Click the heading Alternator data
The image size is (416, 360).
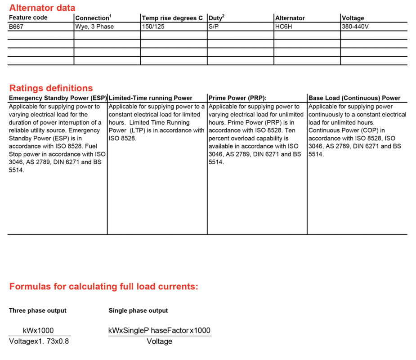42,8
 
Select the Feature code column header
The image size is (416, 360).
28,18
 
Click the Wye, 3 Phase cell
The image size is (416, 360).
94,27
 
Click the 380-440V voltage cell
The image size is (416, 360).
355,27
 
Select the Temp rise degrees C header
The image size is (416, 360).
172,18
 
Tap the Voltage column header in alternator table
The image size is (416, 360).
353,18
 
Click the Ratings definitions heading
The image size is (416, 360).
51,88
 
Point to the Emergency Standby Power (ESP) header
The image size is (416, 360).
58,98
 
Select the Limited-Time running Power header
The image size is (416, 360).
150,98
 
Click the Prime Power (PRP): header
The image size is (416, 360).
237,98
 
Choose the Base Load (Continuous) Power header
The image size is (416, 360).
354,98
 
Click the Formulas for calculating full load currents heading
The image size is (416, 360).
103,287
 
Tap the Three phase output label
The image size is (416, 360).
37,310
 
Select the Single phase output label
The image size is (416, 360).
138,310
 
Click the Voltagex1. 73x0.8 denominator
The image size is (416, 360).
39,341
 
